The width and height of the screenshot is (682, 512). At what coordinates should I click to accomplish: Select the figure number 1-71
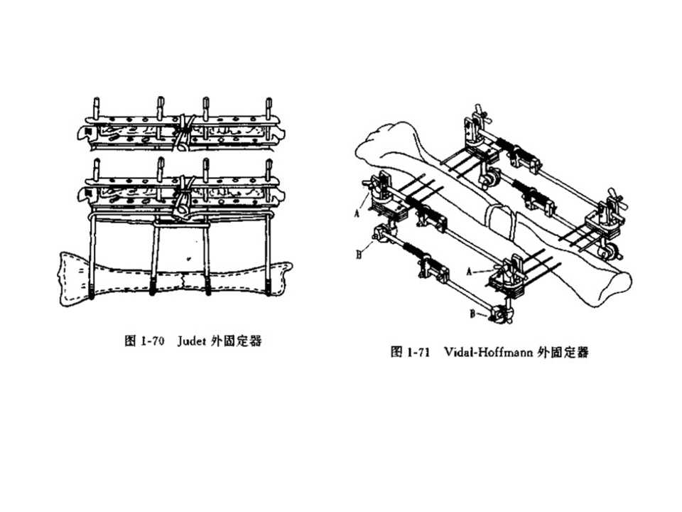point(419,352)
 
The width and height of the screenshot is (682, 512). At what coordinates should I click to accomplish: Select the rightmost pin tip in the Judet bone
point(268,289)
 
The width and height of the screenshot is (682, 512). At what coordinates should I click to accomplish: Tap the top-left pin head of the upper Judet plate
point(94,104)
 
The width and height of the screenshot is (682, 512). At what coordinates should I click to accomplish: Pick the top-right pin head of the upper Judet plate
point(269,104)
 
